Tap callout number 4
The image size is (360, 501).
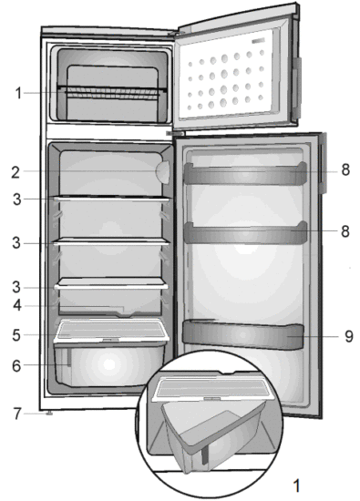[x=17, y=307]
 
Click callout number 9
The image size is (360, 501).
[x=347, y=336]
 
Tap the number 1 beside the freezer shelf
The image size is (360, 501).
[x=17, y=92]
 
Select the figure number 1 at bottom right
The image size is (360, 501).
[x=293, y=479]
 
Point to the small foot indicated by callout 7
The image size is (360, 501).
[x=48, y=414]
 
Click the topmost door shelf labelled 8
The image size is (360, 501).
[x=244, y=173]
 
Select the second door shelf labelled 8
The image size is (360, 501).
[x=244, y=231]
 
